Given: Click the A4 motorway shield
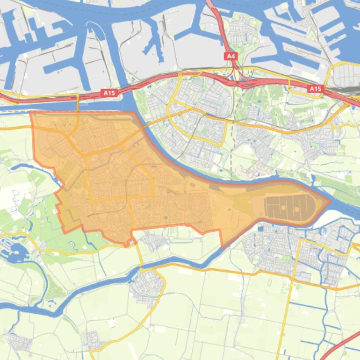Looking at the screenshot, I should coord(230,56).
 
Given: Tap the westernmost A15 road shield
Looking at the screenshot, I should coord(108,93).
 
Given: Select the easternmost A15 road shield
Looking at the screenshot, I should coord(316,89).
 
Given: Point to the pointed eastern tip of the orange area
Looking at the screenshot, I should coord(330,202).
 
